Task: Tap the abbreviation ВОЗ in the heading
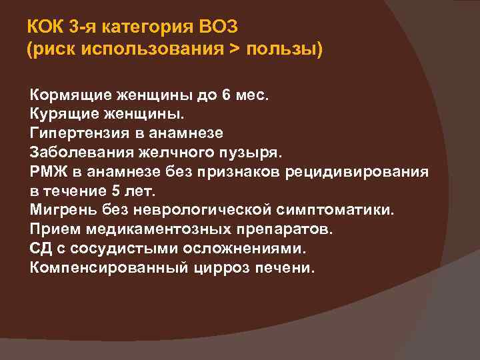221,28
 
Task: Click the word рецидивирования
357,171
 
